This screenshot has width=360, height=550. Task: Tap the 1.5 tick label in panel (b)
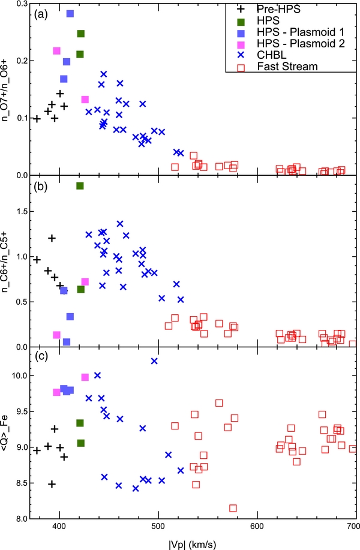[22, 211]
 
